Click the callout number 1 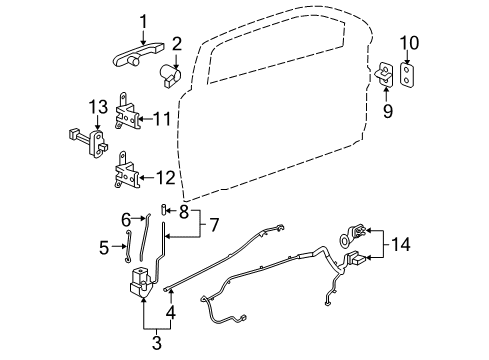[x=142, y=20]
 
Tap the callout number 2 [x=175, y=43]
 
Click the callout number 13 [x=98, y=107]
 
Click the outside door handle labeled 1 [x=142, y=41]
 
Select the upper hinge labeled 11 [x=126, y=118]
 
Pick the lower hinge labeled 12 [x=125, y=172]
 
